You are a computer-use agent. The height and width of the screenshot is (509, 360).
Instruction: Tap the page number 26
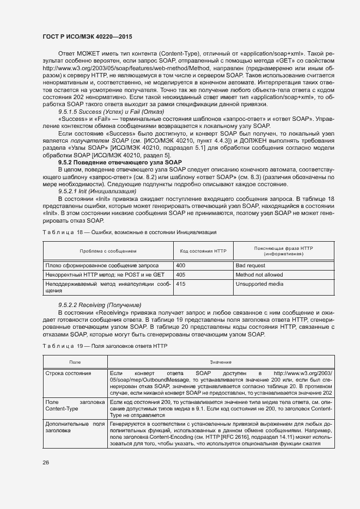(46, 462)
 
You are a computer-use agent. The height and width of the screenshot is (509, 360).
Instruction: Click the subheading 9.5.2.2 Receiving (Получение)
(99, 304)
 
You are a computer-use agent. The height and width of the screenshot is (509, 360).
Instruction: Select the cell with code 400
(181, 265)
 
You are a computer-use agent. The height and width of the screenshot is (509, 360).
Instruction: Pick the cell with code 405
(181, 275)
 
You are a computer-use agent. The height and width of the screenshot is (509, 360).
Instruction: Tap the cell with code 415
(181, 284)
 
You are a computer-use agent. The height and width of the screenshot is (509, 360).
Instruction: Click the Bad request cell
(250, 265)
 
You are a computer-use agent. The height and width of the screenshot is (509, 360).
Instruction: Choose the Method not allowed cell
(259, 275)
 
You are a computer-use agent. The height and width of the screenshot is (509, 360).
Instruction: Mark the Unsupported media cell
(259, 284)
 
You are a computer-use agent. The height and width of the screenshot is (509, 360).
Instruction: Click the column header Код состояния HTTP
(203, 251)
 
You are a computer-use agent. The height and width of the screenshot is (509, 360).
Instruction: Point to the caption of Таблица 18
(129, 232)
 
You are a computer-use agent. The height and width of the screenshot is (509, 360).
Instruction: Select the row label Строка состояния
(68, 373)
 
